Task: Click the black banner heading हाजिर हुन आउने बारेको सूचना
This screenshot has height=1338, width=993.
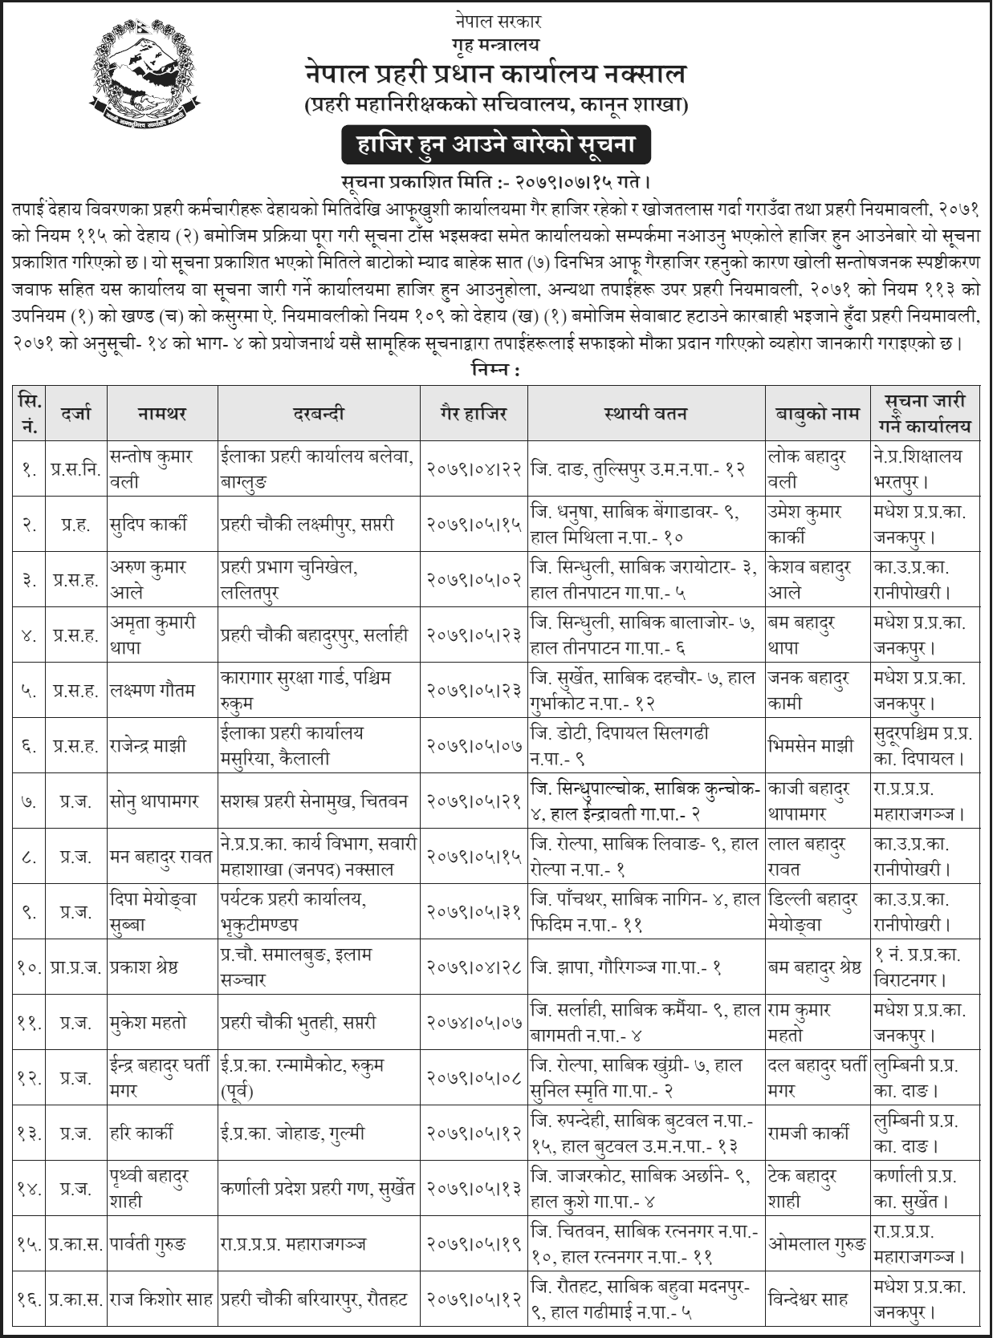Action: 494,144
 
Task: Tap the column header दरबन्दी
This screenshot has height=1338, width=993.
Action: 319,413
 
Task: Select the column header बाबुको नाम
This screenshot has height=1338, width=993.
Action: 816,413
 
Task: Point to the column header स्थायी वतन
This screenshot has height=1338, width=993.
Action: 645,413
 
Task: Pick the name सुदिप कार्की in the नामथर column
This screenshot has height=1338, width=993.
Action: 149,525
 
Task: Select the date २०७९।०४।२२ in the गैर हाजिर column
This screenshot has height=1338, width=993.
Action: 474,468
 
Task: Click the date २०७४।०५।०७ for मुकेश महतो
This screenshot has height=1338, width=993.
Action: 474,1023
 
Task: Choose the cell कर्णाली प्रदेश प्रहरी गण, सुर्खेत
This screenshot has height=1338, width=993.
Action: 319,1188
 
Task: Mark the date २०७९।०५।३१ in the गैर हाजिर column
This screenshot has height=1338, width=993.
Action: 474,911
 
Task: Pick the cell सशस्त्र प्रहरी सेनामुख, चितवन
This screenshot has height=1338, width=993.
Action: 315,801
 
